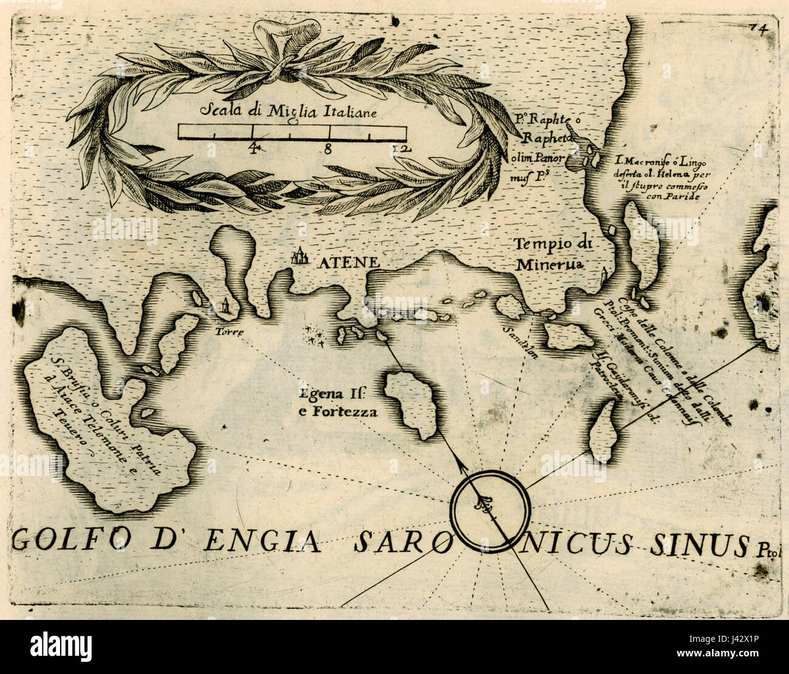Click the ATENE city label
[347, 262]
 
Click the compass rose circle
[490, 511]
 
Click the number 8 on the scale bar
[327, 148]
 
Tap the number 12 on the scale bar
[401, 148]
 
